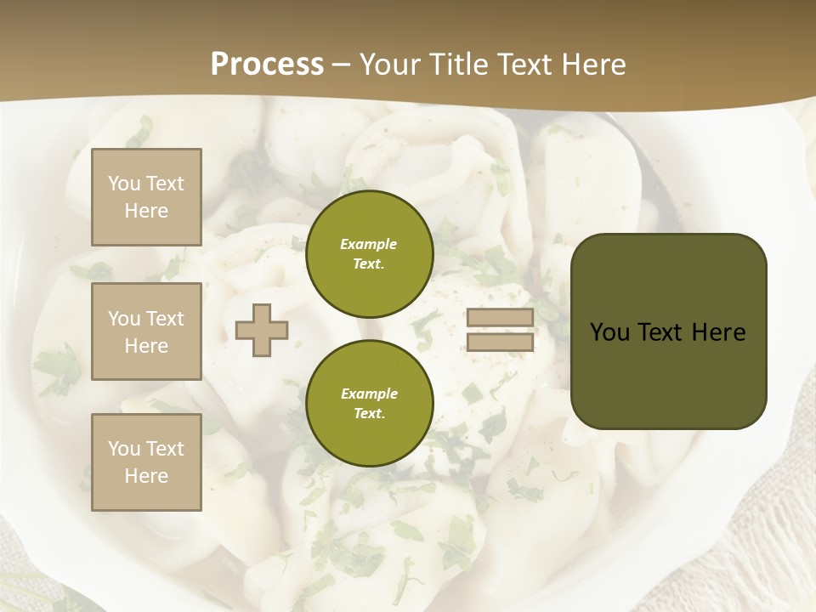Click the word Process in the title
coord(267,65)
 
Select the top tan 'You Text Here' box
coord(146,197)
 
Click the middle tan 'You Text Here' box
coord(146,331)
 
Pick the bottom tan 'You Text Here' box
coord(146,462)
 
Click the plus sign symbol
coord(262,330)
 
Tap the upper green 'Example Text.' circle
coord(369,253)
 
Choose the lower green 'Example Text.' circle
coord(369,403)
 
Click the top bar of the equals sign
coord(501,318)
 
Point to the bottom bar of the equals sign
coord(501,342)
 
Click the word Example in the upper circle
coord(369,244)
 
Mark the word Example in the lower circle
coord(369,394)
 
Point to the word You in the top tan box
coord(124,184)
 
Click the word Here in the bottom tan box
coord(146,476)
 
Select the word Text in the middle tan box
coord(165,319)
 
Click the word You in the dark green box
coord(609,331)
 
